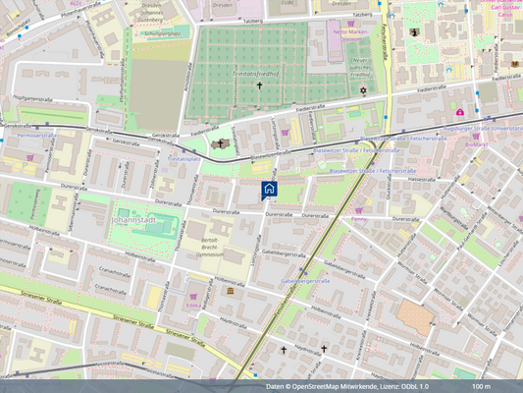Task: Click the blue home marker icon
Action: [x=270, y=188]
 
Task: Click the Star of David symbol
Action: [x=362, y=90]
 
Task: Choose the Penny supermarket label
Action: [x=359, y=219]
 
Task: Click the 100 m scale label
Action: [x=481, y=386]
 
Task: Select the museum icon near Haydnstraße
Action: [x=230, y=291]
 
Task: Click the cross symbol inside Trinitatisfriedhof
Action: [x=260, y=85]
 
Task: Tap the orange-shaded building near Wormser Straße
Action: [x=413, y=317]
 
